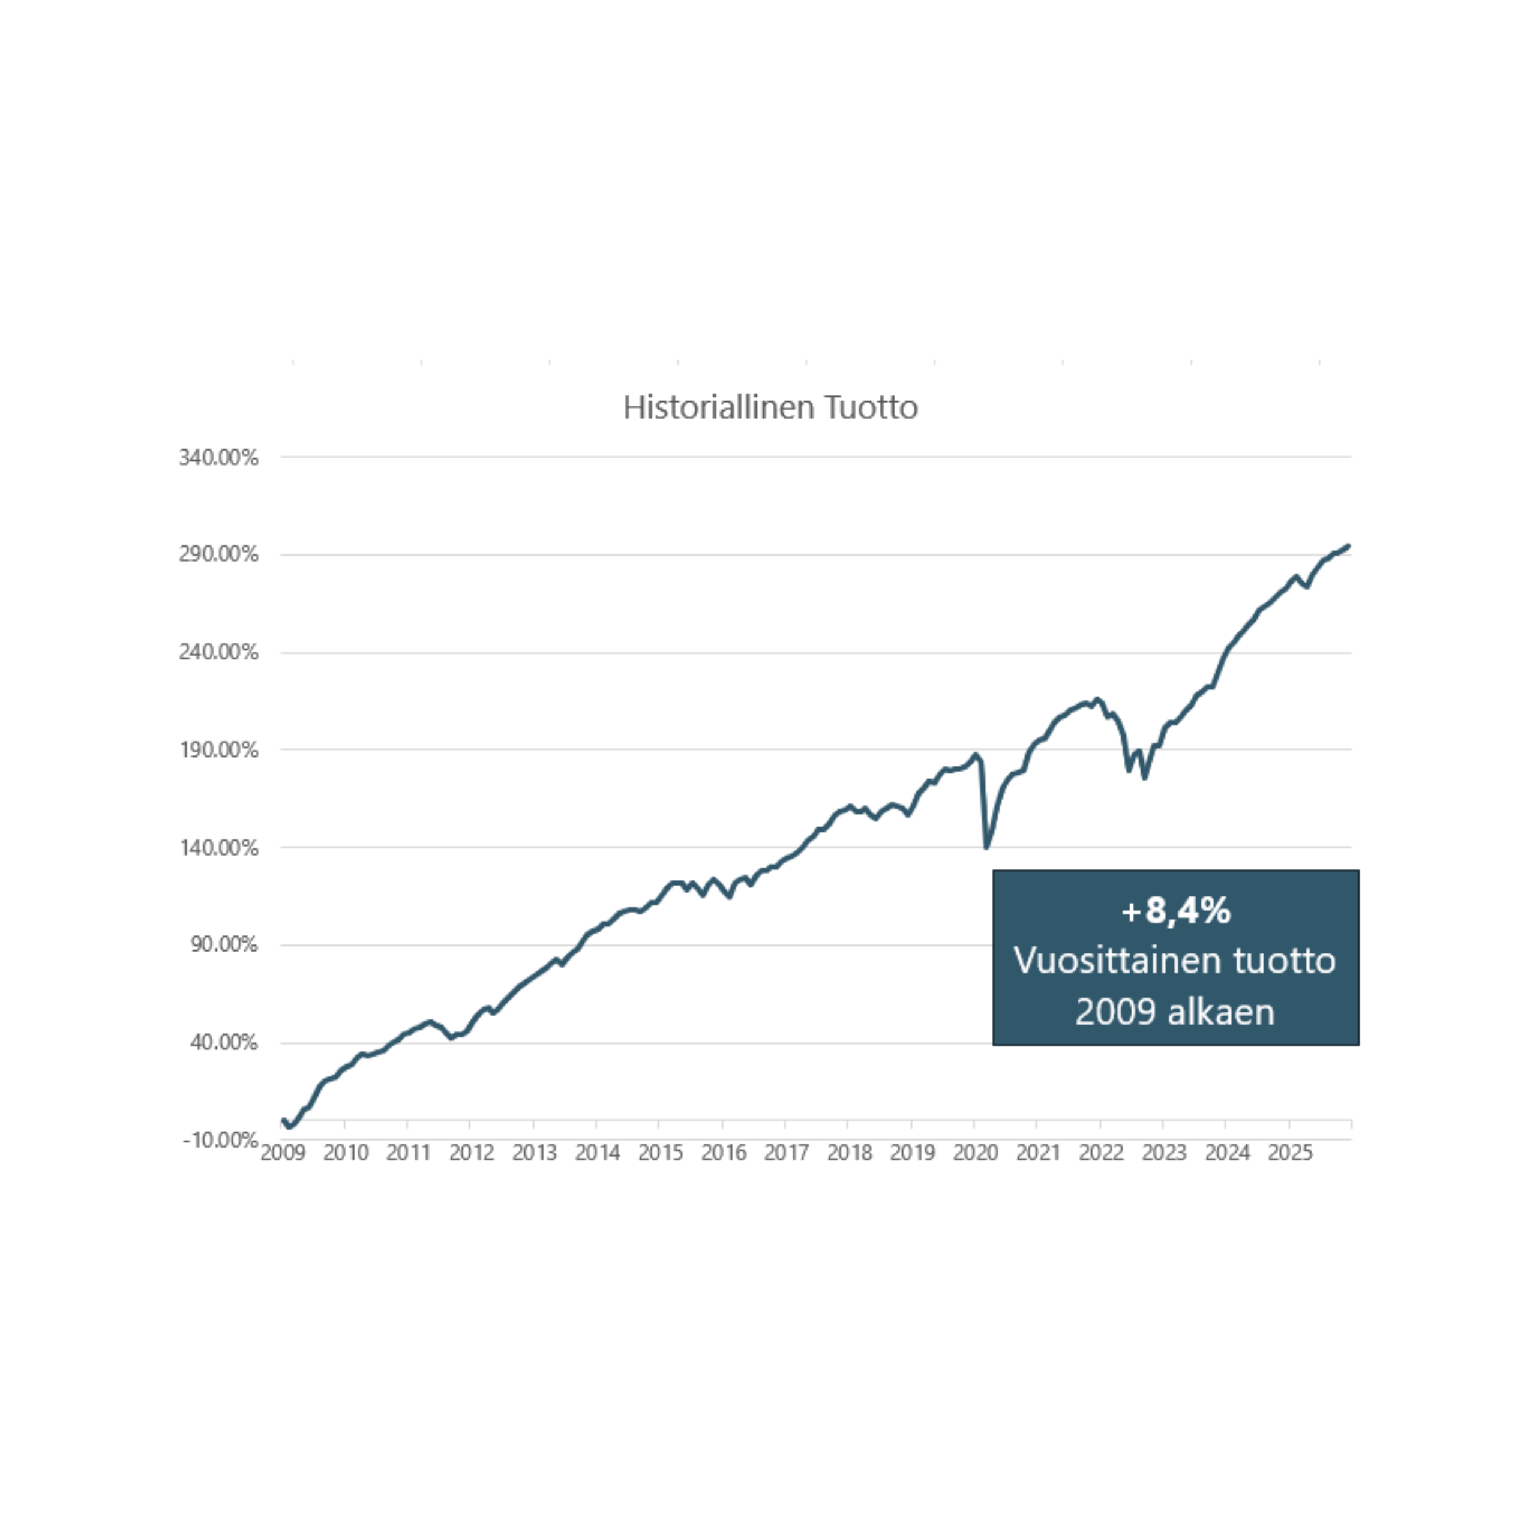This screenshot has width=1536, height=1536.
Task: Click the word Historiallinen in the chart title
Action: pyautogui.click(x=719, y=407)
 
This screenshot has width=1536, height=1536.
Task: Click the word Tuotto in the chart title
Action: pyautogui.click(x=871, y=407)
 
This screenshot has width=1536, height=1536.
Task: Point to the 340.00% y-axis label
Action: pyautogui.click(x=218, y=457)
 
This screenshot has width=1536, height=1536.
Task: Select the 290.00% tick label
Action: pyautogui.click(x=218, y=554)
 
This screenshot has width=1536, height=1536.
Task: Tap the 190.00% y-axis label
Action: pyautogui.click(x=218, y=750)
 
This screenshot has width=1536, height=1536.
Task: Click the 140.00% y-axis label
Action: pyautogui.click(x=218, y=848)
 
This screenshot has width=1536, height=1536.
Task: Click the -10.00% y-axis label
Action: pyautogui.click(x=220, y=1140)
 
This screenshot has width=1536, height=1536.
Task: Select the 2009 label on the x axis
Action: pyautogui.click(x=283, y=1153)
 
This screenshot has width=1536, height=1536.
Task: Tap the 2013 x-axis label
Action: pyautogui.click(x=534, y=1153)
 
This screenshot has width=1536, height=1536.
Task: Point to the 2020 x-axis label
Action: pyautogui.click(x=976, y=1153)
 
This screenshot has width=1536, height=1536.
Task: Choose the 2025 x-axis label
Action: pyautogui.click(x=1289, y=1153)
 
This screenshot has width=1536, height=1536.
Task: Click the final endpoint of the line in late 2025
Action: pyautogui.click(x=1348, y=546)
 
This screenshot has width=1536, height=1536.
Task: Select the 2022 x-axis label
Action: pyautogui.click(x=1101, y=1153)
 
